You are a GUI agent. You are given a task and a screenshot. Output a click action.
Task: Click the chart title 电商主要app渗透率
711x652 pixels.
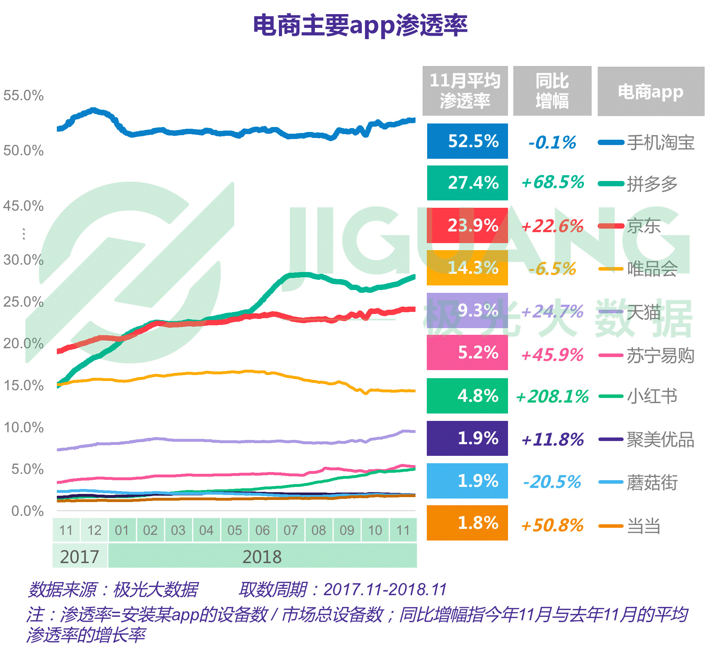coord(360,25)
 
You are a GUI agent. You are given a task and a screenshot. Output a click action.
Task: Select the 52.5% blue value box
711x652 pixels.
coord(467,141)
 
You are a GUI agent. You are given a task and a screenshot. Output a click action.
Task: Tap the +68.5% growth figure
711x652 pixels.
coord(552,182)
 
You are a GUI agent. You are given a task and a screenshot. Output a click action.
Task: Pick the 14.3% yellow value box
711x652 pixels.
coord(467,268)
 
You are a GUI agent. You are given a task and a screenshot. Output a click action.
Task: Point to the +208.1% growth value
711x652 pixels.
coord(552,396)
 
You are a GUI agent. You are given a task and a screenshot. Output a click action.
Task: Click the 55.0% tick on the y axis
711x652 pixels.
coord(23,96)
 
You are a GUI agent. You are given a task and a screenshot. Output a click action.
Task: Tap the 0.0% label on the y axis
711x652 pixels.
coord(27,511)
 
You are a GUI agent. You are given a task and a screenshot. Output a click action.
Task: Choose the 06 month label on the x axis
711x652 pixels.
coord(262,530)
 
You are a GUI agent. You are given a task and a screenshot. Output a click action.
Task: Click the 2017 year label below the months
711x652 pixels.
coord(79,557)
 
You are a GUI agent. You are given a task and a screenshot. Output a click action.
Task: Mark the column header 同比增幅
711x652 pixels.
coord(552,91)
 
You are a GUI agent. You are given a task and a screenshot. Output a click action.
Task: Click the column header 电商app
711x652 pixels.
coord(650,92)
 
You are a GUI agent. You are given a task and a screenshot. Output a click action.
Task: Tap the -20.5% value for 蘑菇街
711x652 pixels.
coord(552,482)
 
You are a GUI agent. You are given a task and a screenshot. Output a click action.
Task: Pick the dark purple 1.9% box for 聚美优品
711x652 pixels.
coord(467,439)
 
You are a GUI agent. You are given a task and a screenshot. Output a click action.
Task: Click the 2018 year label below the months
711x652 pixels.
coord(262,557)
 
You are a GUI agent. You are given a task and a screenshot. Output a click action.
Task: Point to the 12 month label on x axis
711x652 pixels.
coord(94,530)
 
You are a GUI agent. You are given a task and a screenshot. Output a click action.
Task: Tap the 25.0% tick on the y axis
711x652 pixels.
coord(23,302)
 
